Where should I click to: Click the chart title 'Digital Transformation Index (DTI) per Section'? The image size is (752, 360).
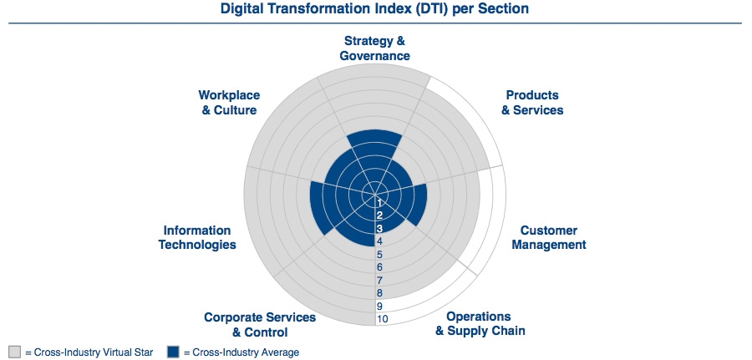pos(374,8)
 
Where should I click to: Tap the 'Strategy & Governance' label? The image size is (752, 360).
pos(374,48)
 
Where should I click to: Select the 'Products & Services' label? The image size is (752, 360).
pos(532,103)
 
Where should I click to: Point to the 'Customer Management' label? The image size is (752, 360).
pos(549,238)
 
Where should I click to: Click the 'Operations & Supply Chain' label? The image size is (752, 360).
pos(480,323)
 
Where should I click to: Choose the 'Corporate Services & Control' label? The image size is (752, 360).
pos(260,325)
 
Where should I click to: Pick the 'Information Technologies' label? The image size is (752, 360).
pos(197,238)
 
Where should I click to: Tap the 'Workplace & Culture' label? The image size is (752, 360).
pos(229,103)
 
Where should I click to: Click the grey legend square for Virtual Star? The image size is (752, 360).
pos(15,352)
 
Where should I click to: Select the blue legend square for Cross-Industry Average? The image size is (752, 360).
pos(173,352)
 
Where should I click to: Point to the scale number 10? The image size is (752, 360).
pos(383,319)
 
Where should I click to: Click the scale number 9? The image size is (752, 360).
pos(380,306)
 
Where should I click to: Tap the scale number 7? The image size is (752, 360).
pos(380,280)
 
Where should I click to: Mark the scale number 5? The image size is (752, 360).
pos(380,255)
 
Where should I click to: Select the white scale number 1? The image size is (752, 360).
pos(379,202)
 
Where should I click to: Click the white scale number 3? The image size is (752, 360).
pos(379,228)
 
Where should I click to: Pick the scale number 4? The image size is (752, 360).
pos(380,241)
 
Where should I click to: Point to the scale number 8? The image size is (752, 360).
pos(380,293)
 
